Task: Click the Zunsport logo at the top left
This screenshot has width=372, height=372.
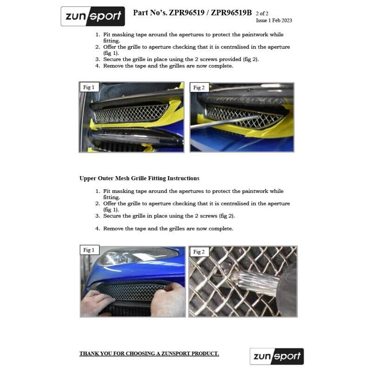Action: (x=93, y=16)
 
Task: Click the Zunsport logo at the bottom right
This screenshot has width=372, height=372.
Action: (x=277, y=357)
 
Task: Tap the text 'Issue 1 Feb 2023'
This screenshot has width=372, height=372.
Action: (x=274, y=20)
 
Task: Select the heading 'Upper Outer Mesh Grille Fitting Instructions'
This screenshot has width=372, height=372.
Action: (x=139, y=178)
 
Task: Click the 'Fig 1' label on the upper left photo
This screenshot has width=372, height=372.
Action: (x=88, y=87)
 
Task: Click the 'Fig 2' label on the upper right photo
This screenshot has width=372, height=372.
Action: (x=199, y=88)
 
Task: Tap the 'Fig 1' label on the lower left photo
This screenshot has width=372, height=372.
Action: (x=88, y=250)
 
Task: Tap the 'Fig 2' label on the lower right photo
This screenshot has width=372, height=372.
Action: (x=199, y=252)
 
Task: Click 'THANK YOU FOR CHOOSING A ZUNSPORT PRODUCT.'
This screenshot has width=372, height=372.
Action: (x=149, y=354)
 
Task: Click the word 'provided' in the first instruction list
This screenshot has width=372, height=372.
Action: (x=230, y=60)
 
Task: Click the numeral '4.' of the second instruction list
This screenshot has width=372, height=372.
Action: (x=98, y=229)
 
